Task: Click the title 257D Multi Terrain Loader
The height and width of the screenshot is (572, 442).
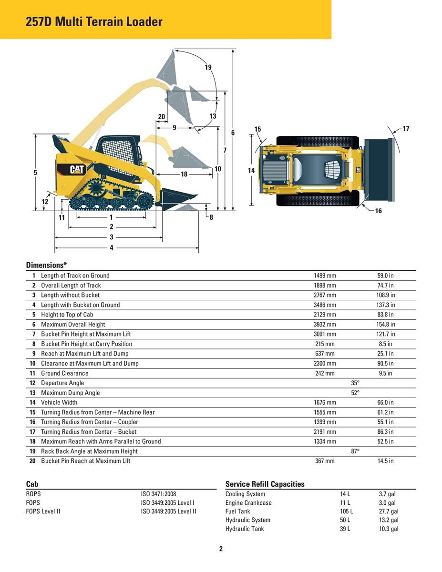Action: click(94, 21)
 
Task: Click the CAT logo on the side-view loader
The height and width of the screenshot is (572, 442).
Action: click(77, 169)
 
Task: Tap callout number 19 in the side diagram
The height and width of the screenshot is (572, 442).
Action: click(208, 67)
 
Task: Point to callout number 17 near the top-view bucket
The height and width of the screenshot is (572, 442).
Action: click(406, 129)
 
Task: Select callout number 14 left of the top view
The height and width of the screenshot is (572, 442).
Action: click(252, 170)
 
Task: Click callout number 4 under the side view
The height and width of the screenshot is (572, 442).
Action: click(112, 248)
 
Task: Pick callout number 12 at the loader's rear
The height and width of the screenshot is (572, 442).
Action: click(45, 202)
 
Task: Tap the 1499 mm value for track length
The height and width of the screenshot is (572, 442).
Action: click(325, 276)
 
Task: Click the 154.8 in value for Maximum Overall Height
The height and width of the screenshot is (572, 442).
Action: click(386, 325)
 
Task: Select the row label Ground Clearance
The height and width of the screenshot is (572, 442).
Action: click(64, 373)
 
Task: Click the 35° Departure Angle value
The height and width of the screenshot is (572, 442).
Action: click(355, 383)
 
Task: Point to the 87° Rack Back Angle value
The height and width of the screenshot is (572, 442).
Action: click(355, 451)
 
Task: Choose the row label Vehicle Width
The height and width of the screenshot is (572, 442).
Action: click(59, 402)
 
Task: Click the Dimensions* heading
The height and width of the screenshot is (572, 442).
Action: click(46, 265)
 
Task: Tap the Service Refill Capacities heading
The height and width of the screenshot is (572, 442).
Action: click(265, 484)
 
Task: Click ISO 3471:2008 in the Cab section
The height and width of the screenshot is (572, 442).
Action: click(158, 494)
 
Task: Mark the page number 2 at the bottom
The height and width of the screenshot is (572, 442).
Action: click(221, 549)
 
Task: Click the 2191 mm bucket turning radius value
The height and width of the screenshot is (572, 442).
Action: click(325, 432)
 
